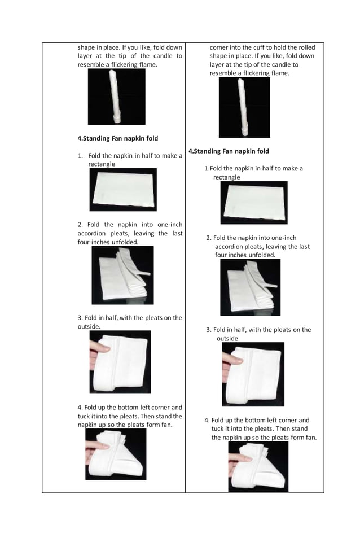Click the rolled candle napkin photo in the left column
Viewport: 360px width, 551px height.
coord(116,97)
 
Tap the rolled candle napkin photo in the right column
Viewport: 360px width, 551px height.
coord(244,107)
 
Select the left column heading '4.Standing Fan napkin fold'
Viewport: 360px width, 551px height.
coord(117,138)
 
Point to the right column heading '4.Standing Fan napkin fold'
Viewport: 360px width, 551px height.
coord(229,151)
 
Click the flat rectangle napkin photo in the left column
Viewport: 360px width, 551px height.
coord(122,190)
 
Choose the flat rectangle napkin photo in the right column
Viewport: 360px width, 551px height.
coord(253,203)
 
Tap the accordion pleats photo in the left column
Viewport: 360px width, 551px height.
coord(122,275)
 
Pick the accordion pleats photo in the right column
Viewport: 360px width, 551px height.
coord(250,287)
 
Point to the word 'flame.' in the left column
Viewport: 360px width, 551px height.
coord(146,65)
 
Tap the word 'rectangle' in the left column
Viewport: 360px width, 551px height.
coord(102,164)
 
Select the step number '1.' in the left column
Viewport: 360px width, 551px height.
coord(81,156)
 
